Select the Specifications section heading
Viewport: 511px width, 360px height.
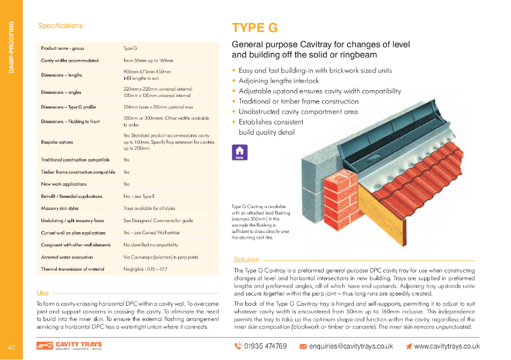(x=60, y=26)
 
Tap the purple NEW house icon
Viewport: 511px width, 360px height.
(x=240, y=153)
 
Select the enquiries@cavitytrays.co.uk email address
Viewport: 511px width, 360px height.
(x=351, y=346)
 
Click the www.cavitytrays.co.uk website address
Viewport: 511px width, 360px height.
(x=446, y=346)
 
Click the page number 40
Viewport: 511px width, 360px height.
(x=11, y=347)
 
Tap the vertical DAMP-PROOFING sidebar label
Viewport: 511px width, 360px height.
(x=11, y=47)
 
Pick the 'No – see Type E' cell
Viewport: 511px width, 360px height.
(x=142, y=196)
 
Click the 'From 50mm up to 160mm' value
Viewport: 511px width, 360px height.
(x=148, y=60)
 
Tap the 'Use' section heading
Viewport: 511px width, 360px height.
(x=42, y=293)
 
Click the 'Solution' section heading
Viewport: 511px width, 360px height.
(x=247, y=260)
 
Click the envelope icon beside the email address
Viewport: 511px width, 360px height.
(x=303, y=346)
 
